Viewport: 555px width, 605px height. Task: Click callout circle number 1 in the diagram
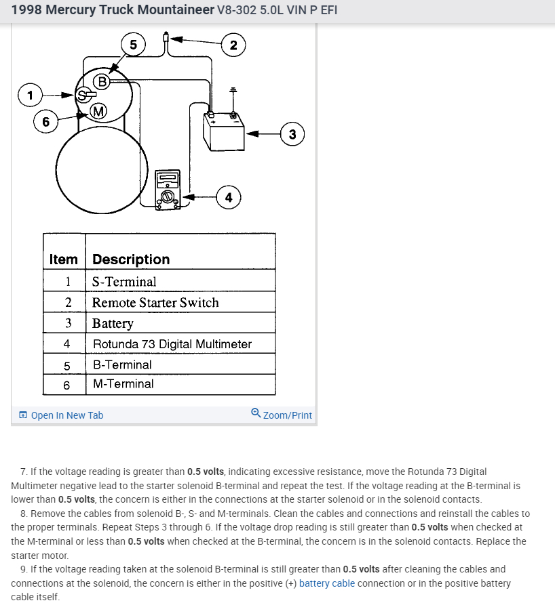click(x=29, y=95)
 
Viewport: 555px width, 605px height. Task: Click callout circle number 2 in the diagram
click(x=233, y=45)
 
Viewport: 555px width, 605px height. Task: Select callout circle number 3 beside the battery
click(x=292, y=134)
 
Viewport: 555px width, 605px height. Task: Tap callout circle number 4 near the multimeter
click(x=228, y=197)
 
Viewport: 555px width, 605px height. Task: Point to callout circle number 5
click(x=133, y=45)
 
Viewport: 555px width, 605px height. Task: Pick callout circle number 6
click(x=45, y=122)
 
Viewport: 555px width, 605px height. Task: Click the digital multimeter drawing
click(x=167, y=190)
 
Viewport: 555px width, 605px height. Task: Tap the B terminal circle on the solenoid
click(x=102, y=82)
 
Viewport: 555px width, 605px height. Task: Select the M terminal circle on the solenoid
click(x=98, y=111)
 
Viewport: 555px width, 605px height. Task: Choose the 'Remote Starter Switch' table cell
click(x=155, y=303)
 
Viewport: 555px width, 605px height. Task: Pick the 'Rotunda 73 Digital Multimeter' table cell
click(x=172, y=344)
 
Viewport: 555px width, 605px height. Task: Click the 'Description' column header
click(x=131, y=259)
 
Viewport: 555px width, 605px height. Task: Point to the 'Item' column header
click(x=64, y=259)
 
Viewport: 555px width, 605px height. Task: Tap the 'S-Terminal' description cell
click(x=124, y=282)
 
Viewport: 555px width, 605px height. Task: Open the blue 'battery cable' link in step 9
click(x=326, y=583)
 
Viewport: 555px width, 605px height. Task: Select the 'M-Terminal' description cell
click(x=123, y=384)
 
